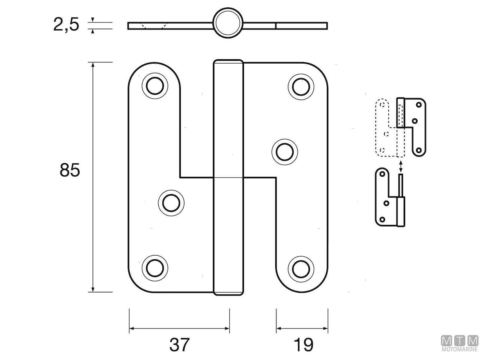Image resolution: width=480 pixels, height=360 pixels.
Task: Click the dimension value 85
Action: coord(70,170)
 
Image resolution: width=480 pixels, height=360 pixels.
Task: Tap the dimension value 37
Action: coord(179,344)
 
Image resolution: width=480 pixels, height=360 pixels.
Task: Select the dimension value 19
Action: coord(303,344)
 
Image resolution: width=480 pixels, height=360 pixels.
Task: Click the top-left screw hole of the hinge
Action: coord(154,86)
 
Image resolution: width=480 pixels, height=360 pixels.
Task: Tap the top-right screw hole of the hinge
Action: coord(300,86)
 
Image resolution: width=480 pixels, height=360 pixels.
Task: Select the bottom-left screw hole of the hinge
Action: coord(154,268)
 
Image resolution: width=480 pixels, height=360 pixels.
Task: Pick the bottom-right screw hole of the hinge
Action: coord(300,268)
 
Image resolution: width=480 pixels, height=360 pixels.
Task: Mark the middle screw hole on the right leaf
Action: coord(284,152)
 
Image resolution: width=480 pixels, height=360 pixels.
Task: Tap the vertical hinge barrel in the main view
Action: coord(228,178)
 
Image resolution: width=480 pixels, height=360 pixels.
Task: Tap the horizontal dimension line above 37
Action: coord(179,329)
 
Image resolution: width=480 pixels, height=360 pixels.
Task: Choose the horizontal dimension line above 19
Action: coord(302,329)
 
